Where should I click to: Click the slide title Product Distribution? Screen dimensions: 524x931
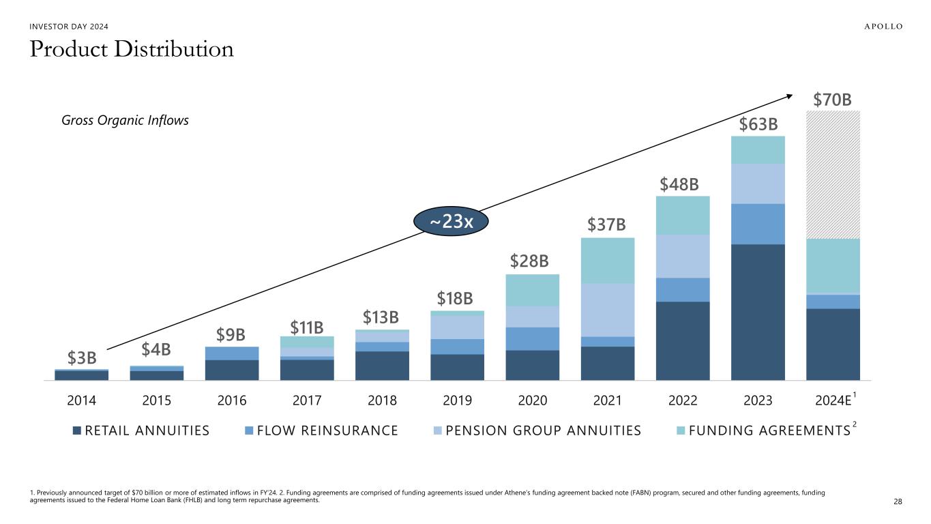[132, 49]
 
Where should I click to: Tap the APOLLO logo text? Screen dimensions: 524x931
[874, 27]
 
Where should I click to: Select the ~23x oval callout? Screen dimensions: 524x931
[451, 222]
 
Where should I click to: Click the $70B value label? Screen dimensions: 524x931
[832, 100]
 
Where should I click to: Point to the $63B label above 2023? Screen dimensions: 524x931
[757, 125]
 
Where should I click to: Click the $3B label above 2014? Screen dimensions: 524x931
[82, 358]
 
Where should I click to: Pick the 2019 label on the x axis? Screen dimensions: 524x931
[457, 401]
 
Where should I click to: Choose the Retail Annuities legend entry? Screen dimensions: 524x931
[141, 431]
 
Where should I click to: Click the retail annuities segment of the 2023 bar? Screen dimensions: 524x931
[757, 312]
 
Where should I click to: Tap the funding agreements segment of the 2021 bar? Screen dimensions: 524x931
[607, 260]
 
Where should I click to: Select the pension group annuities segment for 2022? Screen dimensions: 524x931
[682, 256]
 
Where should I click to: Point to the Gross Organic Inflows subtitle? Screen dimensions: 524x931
[125, 120]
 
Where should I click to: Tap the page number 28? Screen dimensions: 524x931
[898, 502]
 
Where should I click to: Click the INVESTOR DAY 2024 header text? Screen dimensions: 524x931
[68, 27]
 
